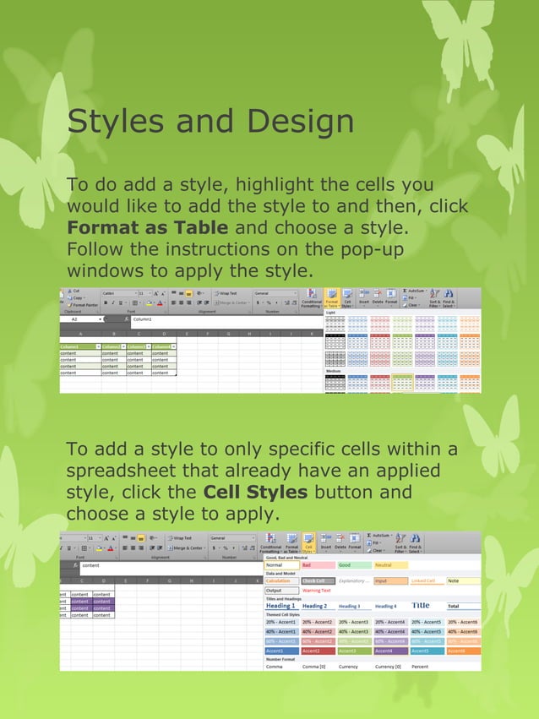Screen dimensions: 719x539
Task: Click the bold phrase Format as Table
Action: (147, 228)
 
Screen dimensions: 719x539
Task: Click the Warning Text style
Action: (318, 591)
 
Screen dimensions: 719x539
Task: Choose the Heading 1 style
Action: (280, 606)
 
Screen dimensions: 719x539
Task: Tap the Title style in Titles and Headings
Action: (421, 606)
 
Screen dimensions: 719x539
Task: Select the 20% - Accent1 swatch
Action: (280, 622)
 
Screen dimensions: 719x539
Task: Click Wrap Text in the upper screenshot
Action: (227, 293)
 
